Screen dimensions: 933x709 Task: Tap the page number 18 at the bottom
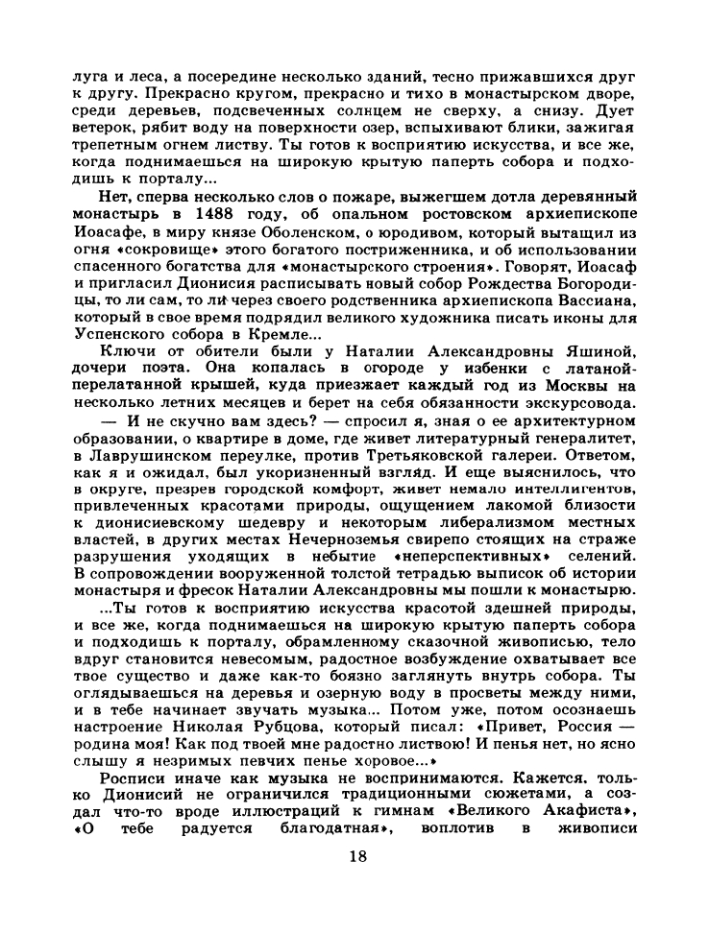pos(354,884)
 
